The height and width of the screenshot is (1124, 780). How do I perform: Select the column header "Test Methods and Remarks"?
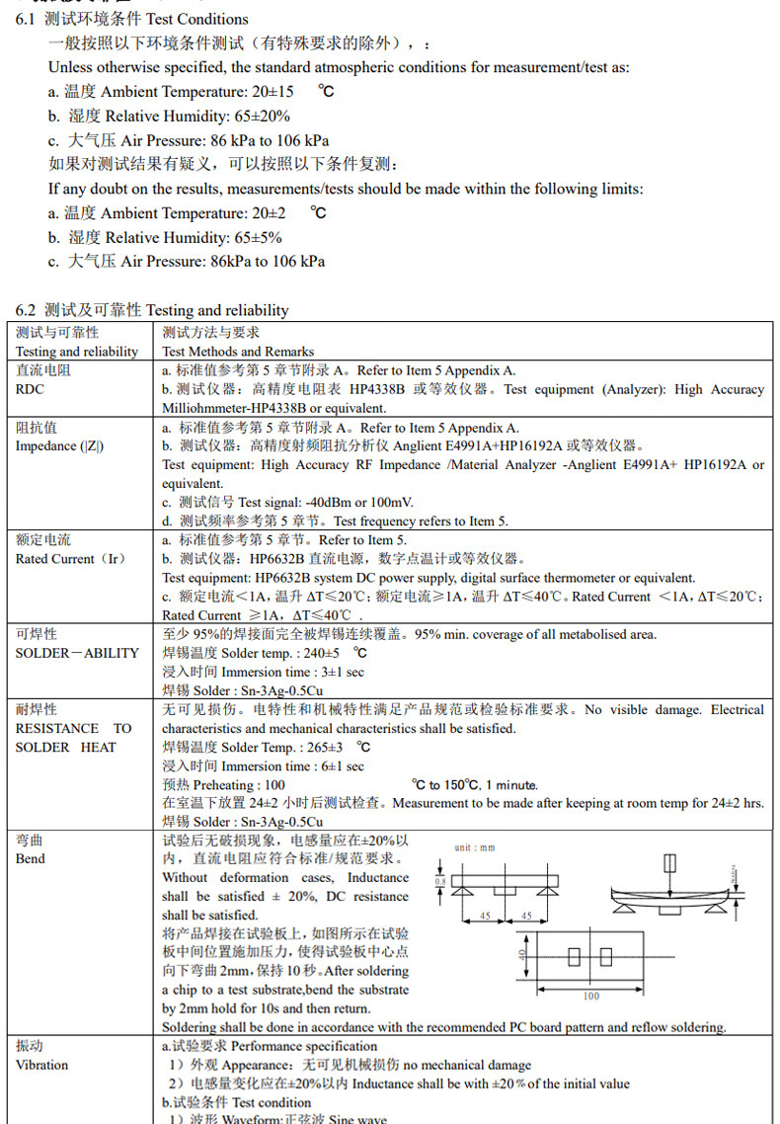click(238, 351)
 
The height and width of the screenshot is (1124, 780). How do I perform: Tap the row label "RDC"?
click(30, 389)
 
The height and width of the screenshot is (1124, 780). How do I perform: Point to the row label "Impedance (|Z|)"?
click(59, 445)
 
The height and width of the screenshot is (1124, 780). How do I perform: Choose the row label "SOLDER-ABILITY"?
click(77, 653)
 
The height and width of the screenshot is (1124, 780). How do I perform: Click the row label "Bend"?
click(30, 858)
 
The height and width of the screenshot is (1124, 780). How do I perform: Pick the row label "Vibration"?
click(41, 1065)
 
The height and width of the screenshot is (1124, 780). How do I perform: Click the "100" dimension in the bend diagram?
click(591, 997)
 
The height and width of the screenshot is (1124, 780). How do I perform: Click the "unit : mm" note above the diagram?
click(474, 847)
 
